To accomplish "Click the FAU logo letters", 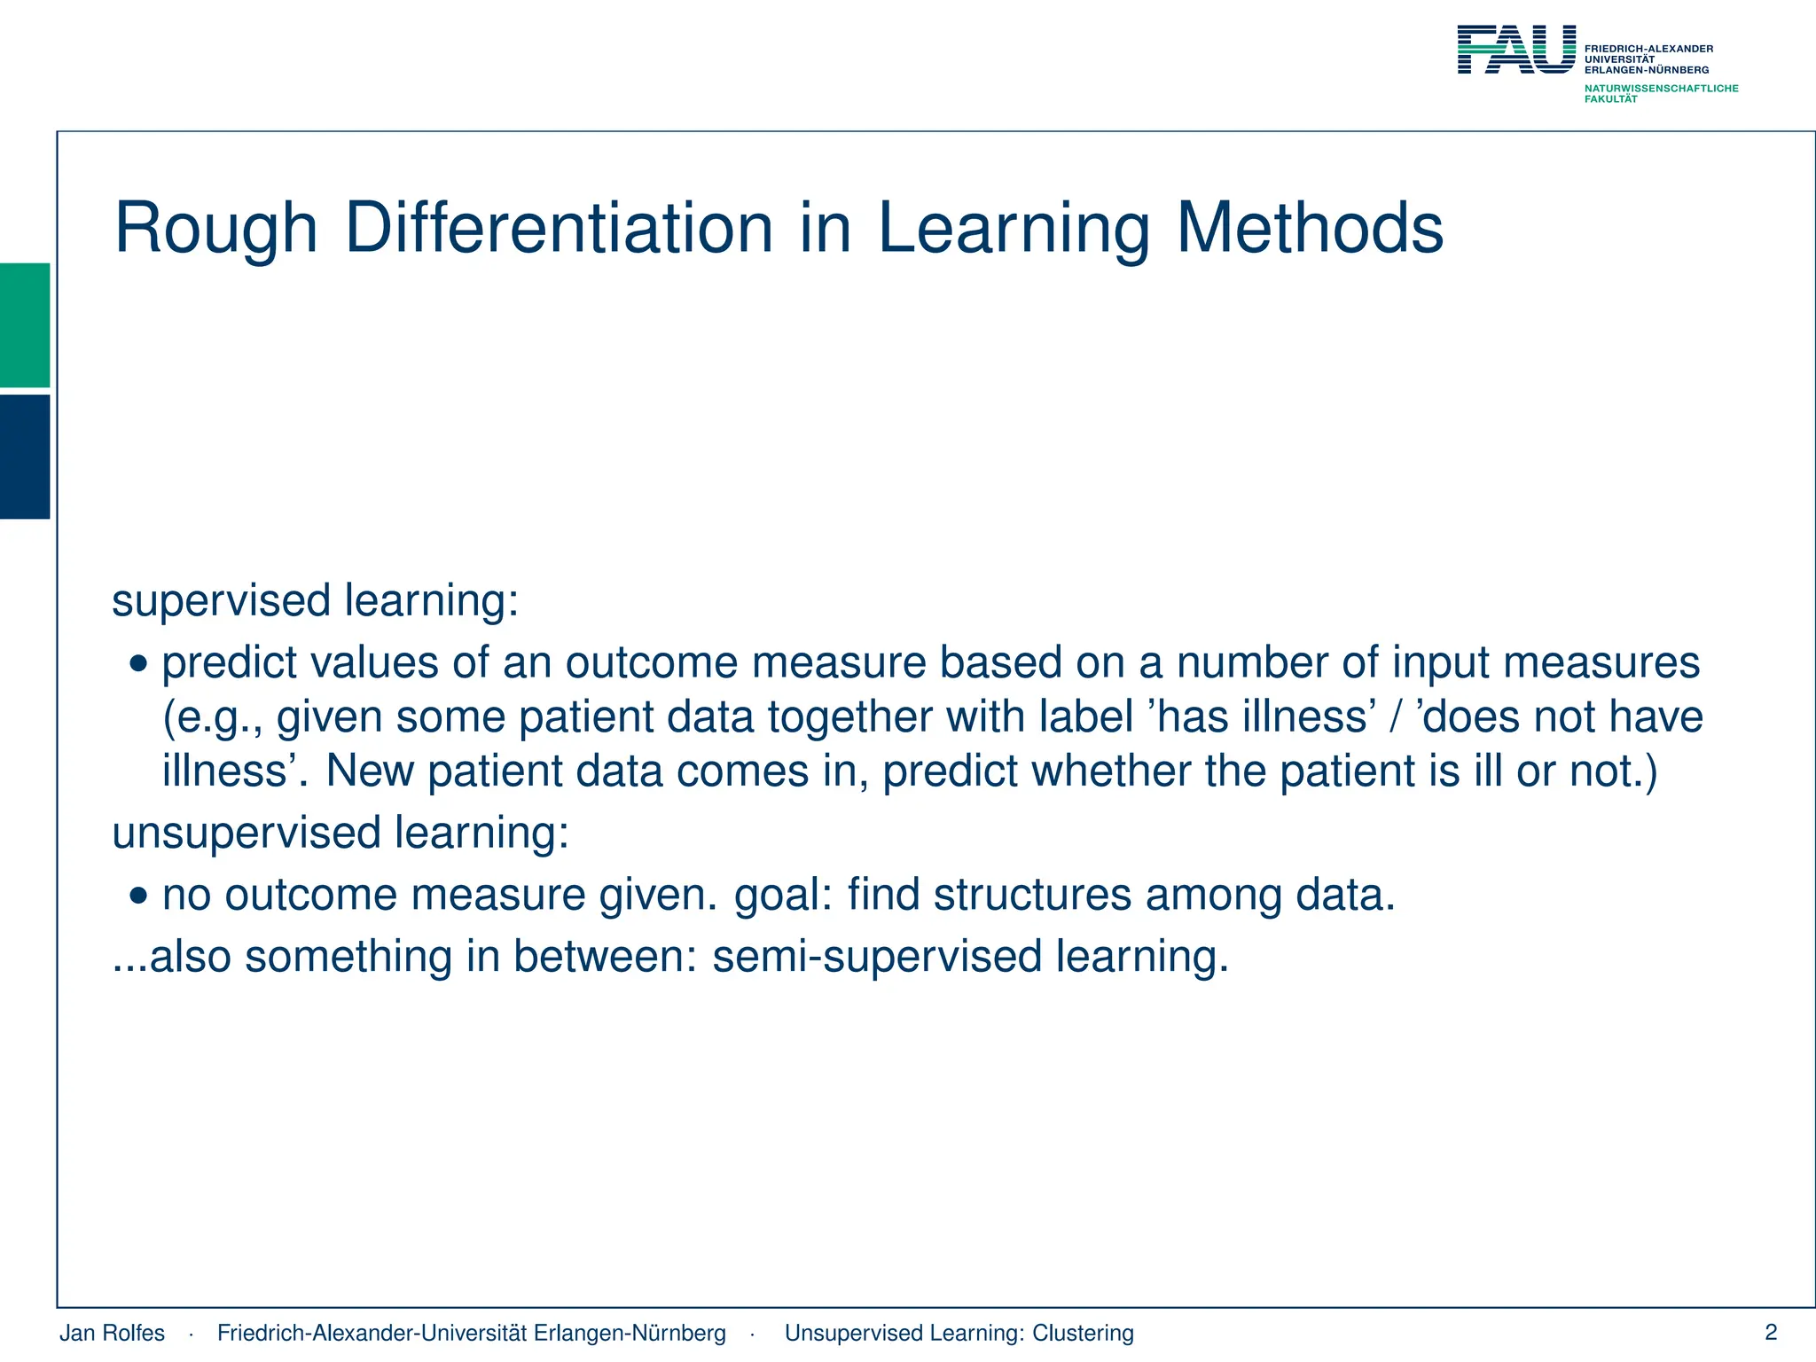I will [x=1516, y=50].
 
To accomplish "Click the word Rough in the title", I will [x=215, y=229].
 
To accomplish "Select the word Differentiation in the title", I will [x=559, y=229].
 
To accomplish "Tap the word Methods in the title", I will [x=1310, y=229].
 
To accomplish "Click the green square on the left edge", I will [x=25, y=325].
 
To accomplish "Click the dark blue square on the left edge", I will [x=25, y=456].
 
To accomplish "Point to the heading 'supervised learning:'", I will [x=315, y=601].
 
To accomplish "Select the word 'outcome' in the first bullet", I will [x=652, y=663].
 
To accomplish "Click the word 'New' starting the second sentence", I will [x=370, y=771].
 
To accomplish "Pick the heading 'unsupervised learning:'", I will [x=340, y=834].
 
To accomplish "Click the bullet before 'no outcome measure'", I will [x=138, y=896].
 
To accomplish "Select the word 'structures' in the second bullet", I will [x=1032, y=895].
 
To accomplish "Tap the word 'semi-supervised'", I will [x=877, y=957].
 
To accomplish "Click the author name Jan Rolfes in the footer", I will [x=112, y=1333].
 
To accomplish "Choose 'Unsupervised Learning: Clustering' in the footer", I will [x=959, y=1333].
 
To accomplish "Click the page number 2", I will [x=1771, y=1332].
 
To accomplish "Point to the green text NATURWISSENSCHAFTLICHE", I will [x=1661, y=89].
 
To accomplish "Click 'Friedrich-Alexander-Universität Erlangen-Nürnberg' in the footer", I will [x=471, y=1333].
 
